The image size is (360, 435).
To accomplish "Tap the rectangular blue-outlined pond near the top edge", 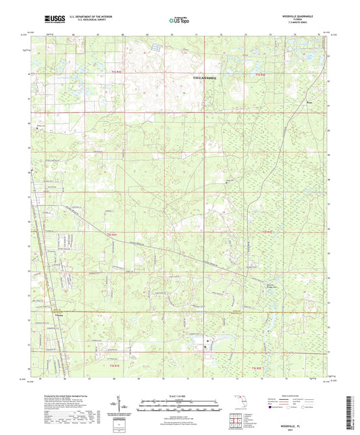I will [155, 47].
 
